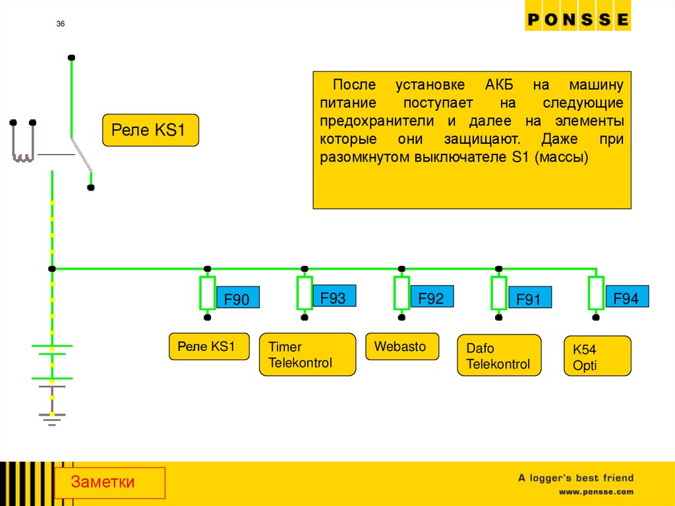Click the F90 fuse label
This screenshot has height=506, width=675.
pos(237,300)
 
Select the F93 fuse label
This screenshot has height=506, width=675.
pos(333,298)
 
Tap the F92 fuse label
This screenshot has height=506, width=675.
pos(431,298)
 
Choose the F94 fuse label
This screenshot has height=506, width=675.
pos(626,298)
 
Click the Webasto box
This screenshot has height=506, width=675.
pos(401,346)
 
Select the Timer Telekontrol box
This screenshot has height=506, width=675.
pos(307,355)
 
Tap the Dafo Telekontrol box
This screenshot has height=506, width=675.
pos(498,356)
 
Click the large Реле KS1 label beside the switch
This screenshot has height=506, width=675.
pos(150,130)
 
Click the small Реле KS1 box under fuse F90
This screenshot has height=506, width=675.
pos(209,346)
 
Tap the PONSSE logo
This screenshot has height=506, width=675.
pos(577,20)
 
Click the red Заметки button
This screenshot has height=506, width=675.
pos(109,482)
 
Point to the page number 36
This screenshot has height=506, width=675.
pos(61,24)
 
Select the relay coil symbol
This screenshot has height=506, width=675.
pos(22,142)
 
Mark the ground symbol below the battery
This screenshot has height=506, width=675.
pos(51,417)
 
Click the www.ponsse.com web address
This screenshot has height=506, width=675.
pos(596,491)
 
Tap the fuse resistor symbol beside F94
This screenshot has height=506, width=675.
pos(596,294)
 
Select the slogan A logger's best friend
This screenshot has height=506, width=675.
pos(575,478)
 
